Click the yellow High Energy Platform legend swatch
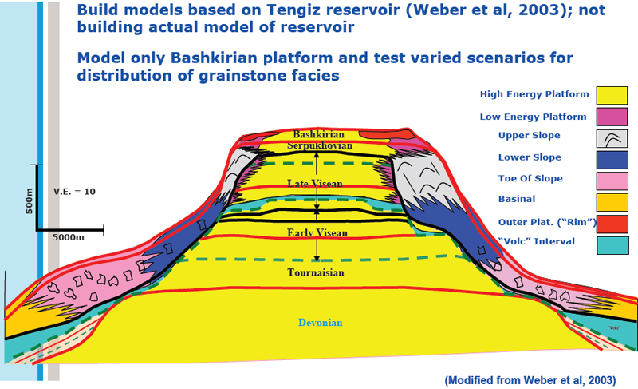[612, 95]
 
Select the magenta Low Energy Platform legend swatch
[612, 117]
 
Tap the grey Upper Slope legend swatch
[612, 138]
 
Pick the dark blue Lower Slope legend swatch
[612, 160]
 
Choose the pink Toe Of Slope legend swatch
[612, 181]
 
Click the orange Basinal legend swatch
[612, 202]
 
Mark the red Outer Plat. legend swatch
[612, 224]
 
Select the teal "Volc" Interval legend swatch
[612, 245]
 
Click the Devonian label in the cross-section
[321, 323]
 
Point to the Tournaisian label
[316, 272]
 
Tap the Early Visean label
[317, 233]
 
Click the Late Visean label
[315, 184]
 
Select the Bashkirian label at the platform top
[318, 134]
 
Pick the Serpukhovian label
[320, 145]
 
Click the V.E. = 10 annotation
[74, 192]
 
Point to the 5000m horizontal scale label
[69, 237]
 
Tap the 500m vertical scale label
[29, 201]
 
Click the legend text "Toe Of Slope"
[530, 178]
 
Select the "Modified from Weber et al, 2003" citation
[530, 380]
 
